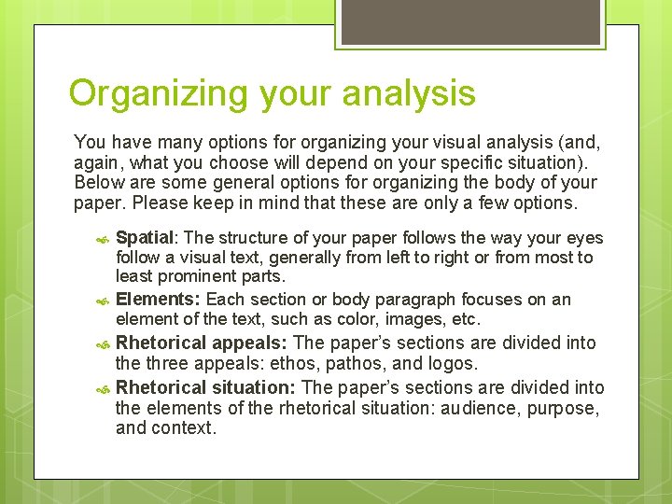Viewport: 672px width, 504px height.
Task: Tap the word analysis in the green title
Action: [x=410, y=94]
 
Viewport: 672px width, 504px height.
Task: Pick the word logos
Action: [x=452, y=363]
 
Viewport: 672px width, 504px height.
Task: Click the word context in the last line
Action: [x=185, y=428]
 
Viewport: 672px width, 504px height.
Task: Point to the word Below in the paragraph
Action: [x=96, y=182]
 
